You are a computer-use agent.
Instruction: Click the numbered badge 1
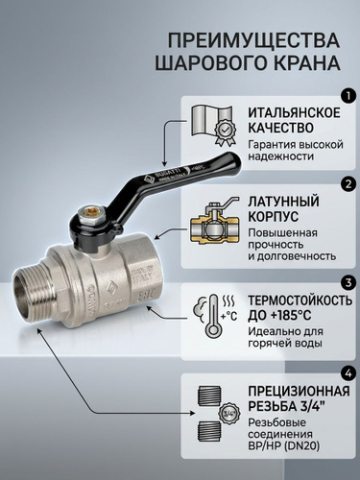tap(348, 95)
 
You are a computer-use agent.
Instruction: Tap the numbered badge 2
tap(348, 184)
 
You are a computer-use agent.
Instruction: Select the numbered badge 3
tap(348, 282)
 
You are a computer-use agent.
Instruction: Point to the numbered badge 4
tap(348, 373)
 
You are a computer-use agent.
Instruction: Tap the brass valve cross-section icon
tap(215, 223)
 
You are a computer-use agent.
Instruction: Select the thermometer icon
tap(215, 316)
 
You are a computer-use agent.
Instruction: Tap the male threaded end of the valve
tap(32, 296)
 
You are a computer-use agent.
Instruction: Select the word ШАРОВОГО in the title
tap(207, 62)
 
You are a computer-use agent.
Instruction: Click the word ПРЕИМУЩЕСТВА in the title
tap(253, 40)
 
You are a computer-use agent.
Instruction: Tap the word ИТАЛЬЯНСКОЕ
tap(295, 113)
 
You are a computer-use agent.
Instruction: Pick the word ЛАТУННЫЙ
tap(283, 202)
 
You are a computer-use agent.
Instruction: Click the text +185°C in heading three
tap(291, 316)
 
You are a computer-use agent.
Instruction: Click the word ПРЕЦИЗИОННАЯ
tap(299, 392)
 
